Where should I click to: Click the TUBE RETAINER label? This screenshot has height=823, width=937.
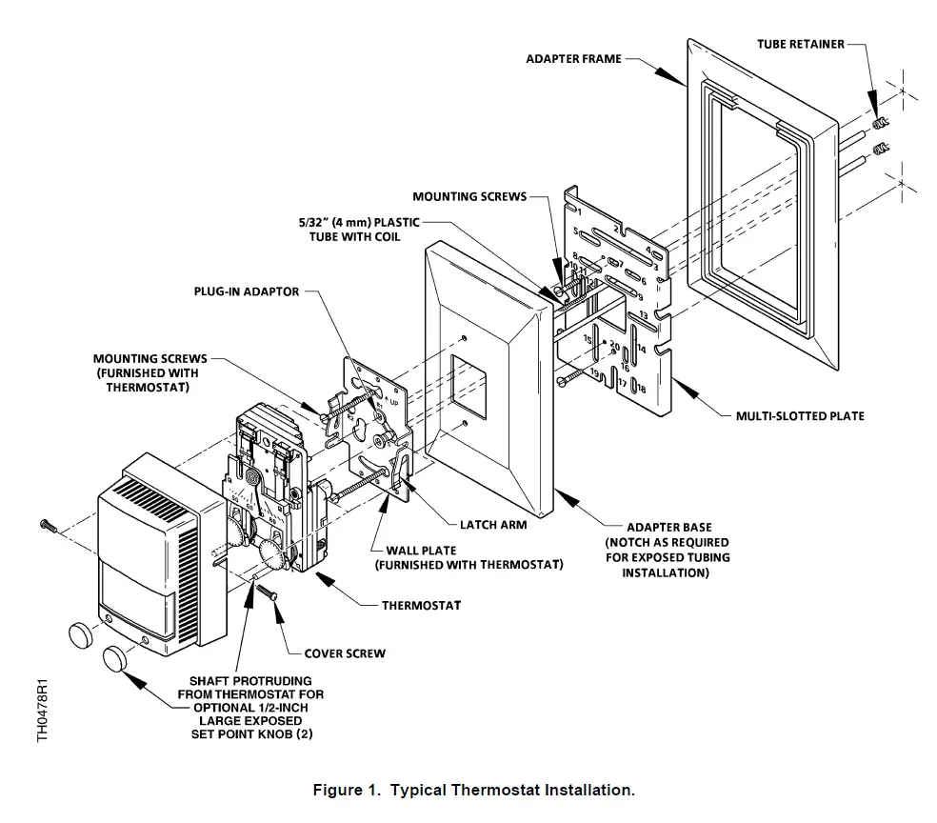pos(800,44)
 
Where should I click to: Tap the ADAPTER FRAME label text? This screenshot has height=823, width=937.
pos(573,59)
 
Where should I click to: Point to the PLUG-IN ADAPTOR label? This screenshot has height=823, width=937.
pos(246,291)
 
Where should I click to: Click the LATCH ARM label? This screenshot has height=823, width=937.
pos(493,524)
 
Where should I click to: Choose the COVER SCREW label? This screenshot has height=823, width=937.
pos(345,653)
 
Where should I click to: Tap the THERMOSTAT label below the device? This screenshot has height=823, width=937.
pos(422,605)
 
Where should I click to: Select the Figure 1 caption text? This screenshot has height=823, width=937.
pos(473,791)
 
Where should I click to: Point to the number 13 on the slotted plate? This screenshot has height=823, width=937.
pos(643,315)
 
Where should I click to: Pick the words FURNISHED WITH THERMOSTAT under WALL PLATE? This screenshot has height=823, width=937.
pos(468,565)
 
